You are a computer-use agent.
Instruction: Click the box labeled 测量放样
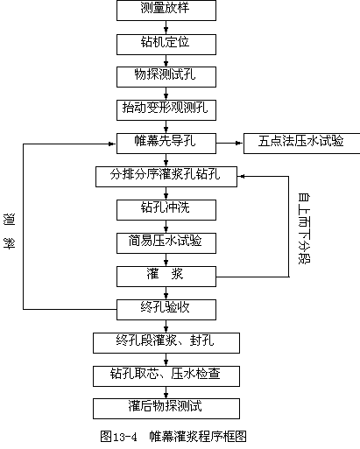(166, 11)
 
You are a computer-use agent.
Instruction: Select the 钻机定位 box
(166, 45)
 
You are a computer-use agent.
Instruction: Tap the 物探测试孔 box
(166, 77)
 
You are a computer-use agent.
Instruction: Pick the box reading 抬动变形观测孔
(166, 110)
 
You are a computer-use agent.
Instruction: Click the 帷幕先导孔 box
(166, 144)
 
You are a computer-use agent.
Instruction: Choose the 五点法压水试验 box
(301, 144)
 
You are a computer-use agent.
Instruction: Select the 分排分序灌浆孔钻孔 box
(166, 177)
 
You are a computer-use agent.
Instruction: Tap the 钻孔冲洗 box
(166, 210)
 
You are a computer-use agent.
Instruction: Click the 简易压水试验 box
(166, 243)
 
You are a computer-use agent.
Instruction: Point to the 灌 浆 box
(166, 277)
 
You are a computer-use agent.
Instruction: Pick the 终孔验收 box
(166, 310)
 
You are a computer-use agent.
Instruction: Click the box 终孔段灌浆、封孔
(166, 343)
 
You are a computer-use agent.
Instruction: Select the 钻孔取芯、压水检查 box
(166, 376)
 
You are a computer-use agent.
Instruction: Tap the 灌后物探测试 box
(166, 409)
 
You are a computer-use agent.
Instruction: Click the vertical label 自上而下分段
(304, 228)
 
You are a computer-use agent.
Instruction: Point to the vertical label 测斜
(9, 231)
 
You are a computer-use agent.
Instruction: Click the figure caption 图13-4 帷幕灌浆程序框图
(173, 437)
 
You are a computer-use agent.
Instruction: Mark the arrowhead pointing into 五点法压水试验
(240, 143)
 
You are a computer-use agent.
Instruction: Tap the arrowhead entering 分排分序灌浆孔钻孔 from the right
(241, 176)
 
